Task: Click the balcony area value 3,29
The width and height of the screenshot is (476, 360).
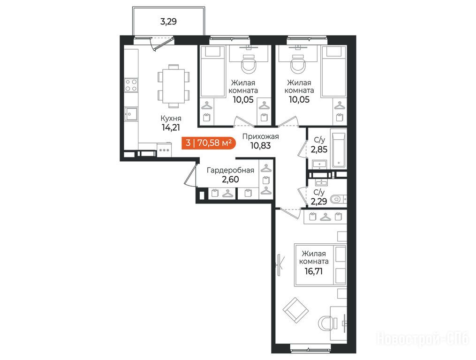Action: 168,22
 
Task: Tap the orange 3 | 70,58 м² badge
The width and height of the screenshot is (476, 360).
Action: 209,142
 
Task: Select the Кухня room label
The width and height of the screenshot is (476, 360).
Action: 171,119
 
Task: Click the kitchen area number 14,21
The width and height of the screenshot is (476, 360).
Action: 171,127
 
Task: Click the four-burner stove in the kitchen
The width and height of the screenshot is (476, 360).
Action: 131,85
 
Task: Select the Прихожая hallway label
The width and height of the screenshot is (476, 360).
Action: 260,136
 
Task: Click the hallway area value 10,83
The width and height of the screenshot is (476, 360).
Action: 260,146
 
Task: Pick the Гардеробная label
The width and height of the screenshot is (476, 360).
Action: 230,170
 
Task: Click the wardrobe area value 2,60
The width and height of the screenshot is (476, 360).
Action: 230,180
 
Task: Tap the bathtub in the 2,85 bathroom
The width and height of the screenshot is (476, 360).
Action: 339,150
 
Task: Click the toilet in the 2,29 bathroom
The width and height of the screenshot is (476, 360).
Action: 338,199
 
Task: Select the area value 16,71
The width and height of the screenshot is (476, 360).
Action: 314,271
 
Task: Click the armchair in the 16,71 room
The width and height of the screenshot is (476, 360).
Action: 295,310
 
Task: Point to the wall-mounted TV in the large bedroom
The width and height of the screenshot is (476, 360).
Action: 280,265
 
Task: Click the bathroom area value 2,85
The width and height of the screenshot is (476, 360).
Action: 319,150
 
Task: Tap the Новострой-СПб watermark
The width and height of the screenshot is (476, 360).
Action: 423,339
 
